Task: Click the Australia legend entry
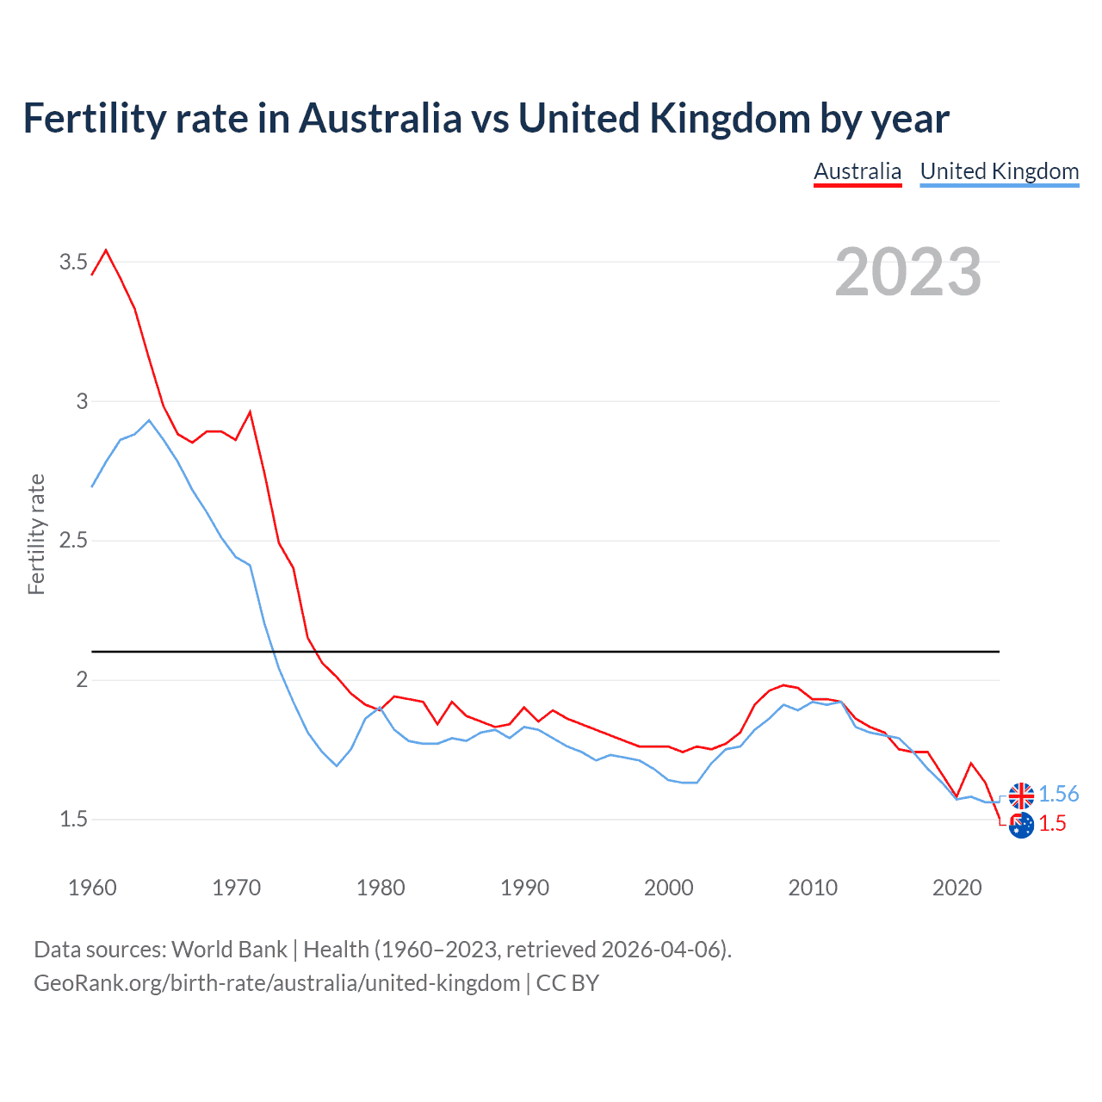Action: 857,171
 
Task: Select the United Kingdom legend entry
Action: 999,171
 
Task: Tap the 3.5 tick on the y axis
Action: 73,262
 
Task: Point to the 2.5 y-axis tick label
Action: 73,541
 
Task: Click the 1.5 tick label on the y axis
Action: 73,819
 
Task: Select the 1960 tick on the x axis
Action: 92,888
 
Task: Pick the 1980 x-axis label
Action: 381,888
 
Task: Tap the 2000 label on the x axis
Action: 668,888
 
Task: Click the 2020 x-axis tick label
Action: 957,888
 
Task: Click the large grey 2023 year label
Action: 908,272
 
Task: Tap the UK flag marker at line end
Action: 1021,796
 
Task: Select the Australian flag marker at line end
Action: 1021,826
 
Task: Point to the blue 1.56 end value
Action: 1058,794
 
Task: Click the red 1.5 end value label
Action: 1052,824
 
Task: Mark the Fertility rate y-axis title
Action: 36,534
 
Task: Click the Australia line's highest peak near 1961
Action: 106,251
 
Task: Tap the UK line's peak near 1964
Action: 149,420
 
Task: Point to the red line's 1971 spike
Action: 250,412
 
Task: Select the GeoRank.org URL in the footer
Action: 276,982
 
